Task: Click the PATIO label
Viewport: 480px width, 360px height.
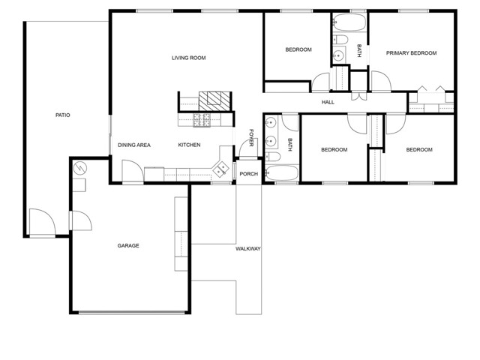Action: [63, 115]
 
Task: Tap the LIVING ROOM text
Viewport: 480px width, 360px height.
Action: [188, 58]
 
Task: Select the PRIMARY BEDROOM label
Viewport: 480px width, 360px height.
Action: [411, 53]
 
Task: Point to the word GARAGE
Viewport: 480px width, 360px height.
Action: [128, 245]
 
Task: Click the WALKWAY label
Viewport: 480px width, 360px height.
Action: [248, 248]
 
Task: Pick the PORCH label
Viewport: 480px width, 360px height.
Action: [248, 174]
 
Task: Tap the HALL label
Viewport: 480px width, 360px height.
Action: [328, 102]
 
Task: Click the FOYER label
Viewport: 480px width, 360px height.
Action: [251, 138]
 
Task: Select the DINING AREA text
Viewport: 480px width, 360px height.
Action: [134, 145]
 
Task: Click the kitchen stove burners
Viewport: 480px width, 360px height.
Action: [202, 120]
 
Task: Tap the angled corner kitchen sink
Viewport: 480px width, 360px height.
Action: [221, 169]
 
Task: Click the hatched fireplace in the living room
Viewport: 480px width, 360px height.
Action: [214, 101]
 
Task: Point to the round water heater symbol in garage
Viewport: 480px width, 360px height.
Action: [80, 168]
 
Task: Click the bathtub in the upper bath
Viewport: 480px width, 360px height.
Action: [349, 22]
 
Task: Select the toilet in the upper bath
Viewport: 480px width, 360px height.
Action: [340, 39]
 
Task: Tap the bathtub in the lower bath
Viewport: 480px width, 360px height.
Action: [282, 173]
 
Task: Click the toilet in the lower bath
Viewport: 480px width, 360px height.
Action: [272, 157]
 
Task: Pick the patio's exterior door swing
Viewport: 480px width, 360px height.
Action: [42, 222]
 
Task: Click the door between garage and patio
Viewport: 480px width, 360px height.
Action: [81, 220]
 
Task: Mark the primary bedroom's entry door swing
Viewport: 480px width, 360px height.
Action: [381, 81]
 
